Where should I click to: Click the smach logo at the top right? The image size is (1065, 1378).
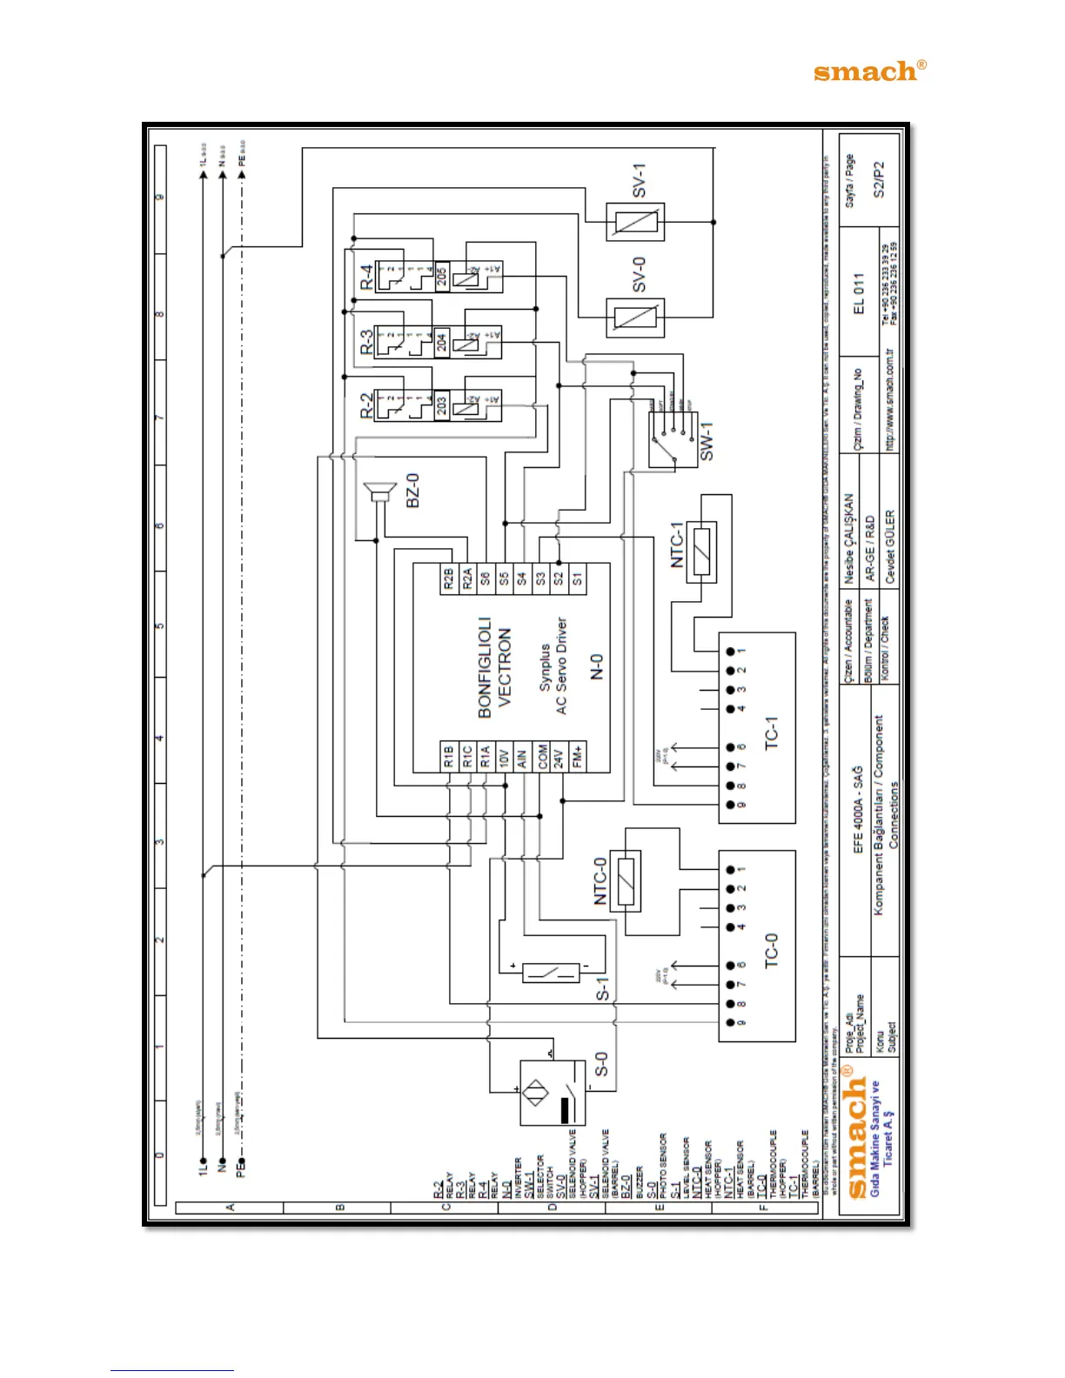[869, 71]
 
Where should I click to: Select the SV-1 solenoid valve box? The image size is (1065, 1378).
[634, 223]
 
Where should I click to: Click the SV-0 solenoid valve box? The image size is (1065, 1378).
[634, 318]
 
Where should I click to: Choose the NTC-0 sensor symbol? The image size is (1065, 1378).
[625, 880]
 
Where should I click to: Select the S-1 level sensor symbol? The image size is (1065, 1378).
[551, 973]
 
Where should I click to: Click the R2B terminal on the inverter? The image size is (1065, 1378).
[448, 579]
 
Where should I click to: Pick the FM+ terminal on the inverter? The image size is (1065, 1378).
[577, 755]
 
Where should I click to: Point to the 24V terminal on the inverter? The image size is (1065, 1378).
[559, 755]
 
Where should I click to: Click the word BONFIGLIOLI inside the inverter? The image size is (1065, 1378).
[485, 667]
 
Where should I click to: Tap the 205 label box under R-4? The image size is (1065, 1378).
[441, 276]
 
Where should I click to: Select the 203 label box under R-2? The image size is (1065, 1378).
[441, 407]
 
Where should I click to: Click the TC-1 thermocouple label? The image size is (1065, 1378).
[771, 733]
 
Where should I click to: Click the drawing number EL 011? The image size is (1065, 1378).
[859, 294]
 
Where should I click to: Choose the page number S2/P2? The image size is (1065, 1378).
[879, 179]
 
